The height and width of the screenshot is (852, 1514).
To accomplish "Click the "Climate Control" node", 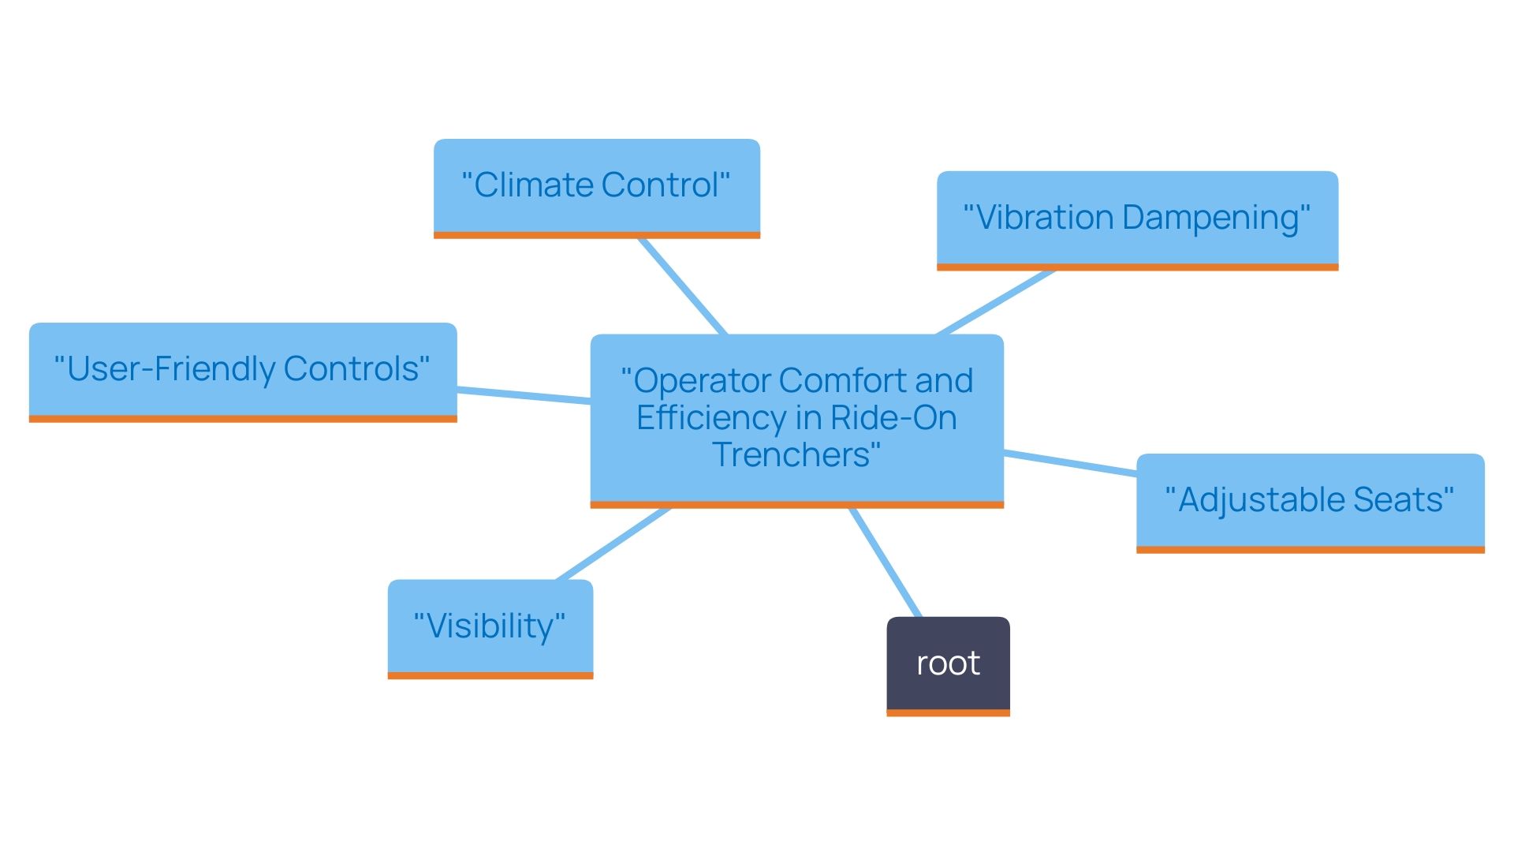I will [x=597, y=186].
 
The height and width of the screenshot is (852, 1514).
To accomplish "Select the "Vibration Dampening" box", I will [x=1137, y=218].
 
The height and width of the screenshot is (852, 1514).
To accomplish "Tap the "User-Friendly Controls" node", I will [x=243, y=369].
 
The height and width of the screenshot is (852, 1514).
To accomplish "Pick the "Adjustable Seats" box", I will [x=1310, y=500].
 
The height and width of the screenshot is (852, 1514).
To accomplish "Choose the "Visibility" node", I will [x=490, y=626].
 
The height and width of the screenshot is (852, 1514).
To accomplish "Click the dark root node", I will [x=948, y=663].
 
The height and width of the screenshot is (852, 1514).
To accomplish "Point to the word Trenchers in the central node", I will [x=791, y=455].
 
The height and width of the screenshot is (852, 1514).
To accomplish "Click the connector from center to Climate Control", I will [x=683, y=286].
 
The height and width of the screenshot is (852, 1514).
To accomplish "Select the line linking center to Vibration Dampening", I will [x=996, y=302].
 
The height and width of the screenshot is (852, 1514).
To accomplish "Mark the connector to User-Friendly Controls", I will [x=524, y=396].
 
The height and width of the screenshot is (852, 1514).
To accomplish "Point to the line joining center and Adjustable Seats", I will [x=1070, y=463].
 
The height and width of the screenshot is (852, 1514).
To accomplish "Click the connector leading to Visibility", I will [x=613, y=544].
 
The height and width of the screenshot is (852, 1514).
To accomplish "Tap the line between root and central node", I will [x=886, y=562].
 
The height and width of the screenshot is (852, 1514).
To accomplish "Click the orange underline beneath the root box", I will [x=948, y=713].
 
